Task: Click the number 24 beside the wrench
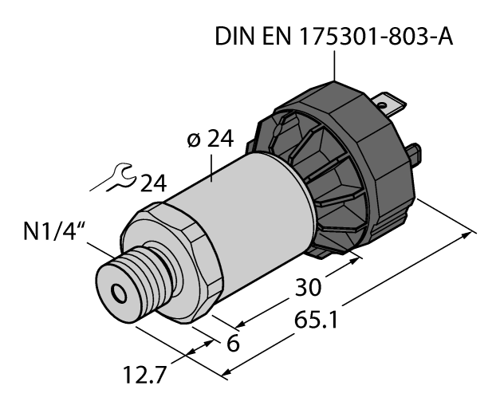point(152,184)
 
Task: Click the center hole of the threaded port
point(120,294)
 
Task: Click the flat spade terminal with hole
point(392,104)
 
